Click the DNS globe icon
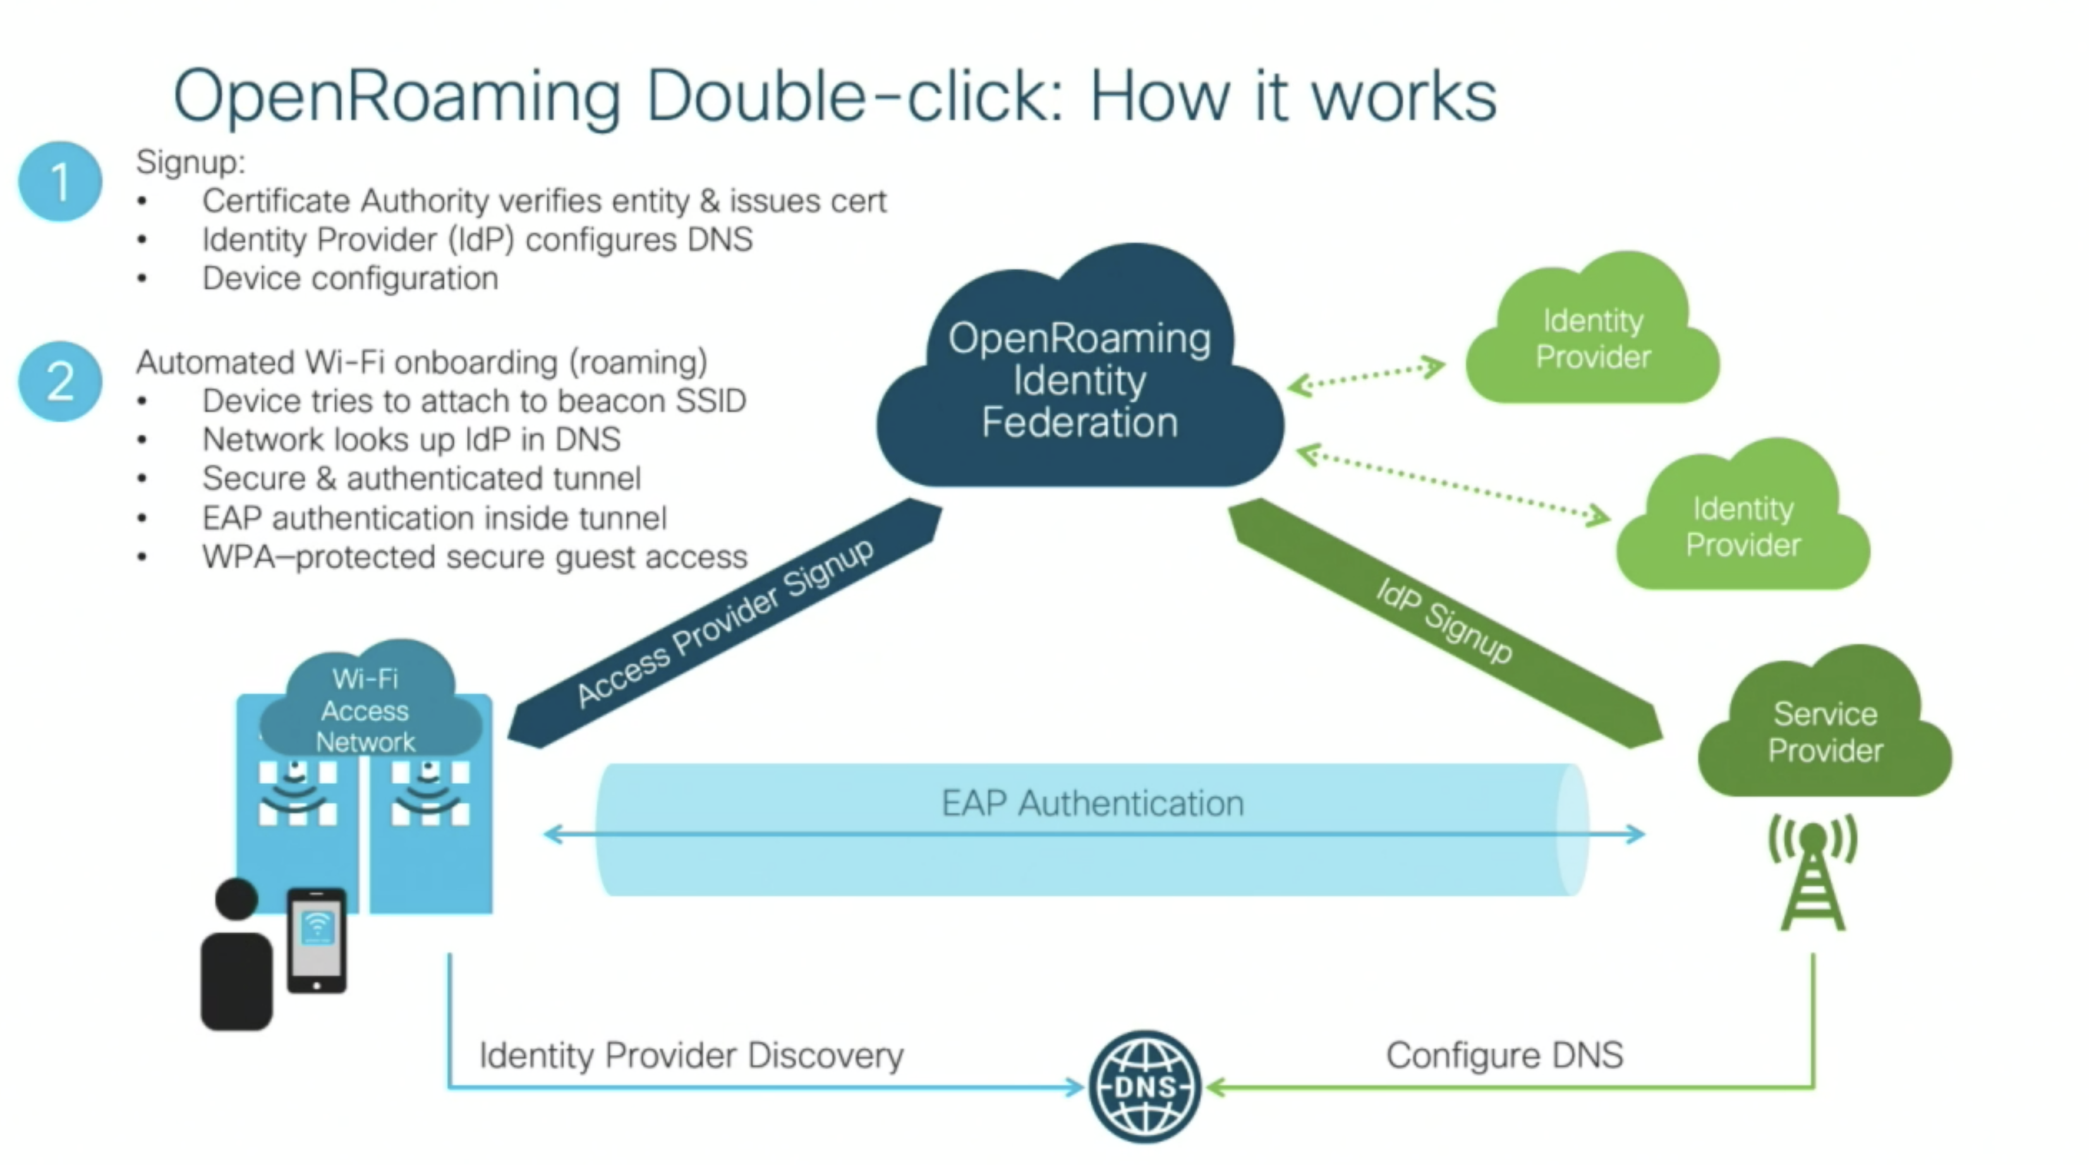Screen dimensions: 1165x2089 coord(1144,1087)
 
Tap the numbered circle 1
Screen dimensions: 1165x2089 coord(60,181)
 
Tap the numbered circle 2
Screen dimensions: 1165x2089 coord(60,381)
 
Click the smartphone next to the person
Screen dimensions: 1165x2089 coord(317,941)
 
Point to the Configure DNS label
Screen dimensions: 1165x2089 coord(1505,1054)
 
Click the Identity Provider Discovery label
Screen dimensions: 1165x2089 coord(691,1054)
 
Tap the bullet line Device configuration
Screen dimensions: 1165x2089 coord(350,279)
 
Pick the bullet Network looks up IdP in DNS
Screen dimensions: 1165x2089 coord(411,440)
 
